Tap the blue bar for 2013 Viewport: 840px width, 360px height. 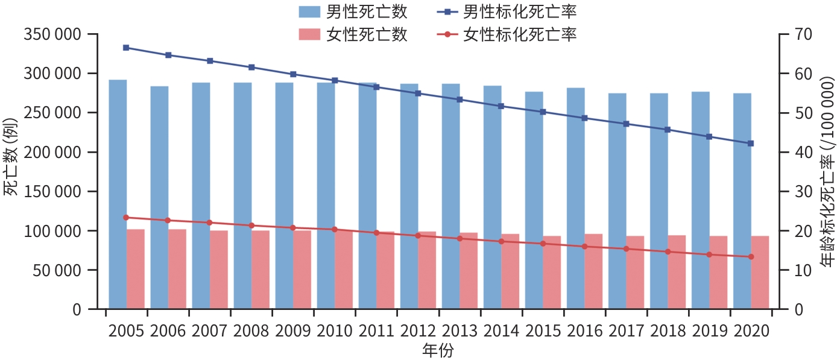point(450,196)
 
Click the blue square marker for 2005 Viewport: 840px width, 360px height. point(126,48)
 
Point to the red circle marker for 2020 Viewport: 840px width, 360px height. point(751,257)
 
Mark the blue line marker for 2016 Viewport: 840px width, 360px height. point(584,118)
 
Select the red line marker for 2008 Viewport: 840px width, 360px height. point(251,226)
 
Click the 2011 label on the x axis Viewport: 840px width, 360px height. point(376,331)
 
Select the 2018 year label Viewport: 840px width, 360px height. point(668,331)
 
